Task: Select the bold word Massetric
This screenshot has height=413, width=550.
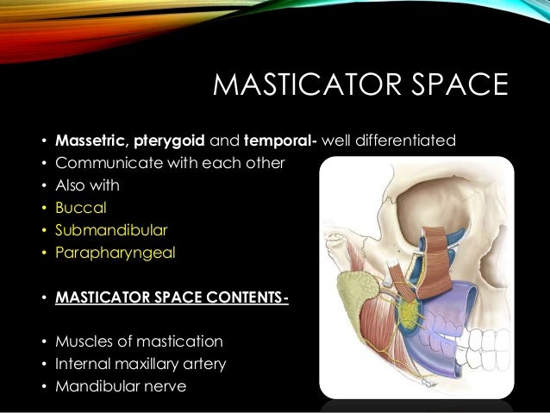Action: pyautogui.click(x=91, y=139)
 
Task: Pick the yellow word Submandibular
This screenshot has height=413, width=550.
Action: pyautogui.click(x=111, y=231)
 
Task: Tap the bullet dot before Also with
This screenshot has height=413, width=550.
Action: pyautogui.click(x=42, y=185)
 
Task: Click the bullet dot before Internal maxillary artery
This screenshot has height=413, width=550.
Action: pyautogui.click(x=42, y=364)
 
